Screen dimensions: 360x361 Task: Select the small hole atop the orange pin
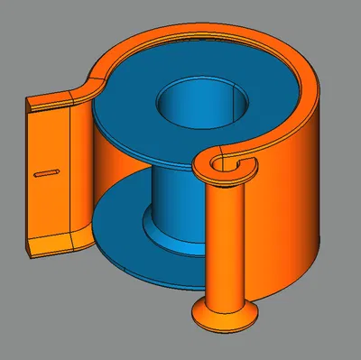(x=219, y=162)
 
